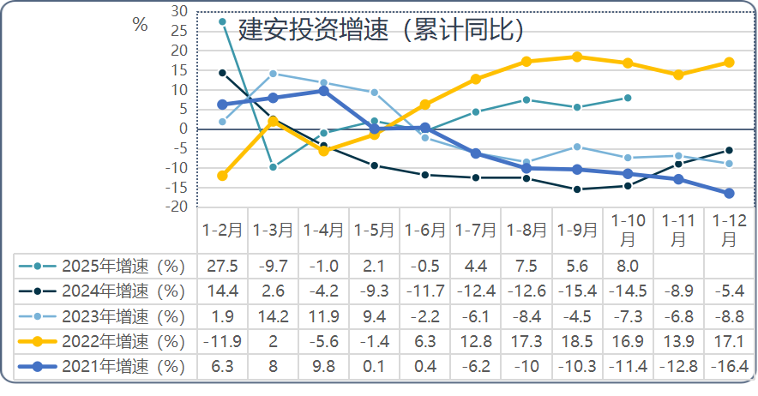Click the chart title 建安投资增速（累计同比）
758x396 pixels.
click(381, 31)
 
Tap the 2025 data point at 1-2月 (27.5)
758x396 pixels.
click(222, 21)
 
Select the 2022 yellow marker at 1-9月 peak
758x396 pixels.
click(576, 57)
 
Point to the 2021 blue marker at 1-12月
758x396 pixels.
click(729, 194)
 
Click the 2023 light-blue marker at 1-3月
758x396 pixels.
click(273, 74)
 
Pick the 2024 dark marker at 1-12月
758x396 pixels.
click(729, 150)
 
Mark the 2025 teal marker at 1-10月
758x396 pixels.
click(628, 98)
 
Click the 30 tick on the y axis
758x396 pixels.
click(179, 11)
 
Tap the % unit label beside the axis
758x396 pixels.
click(140, 25)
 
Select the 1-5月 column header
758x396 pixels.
click(374, 231)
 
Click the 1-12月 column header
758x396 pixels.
click(729, 231)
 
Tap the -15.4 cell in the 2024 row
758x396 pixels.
click(576, 291)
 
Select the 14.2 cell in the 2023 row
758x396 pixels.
click(273, 316)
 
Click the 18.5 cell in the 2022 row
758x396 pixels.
click(576, 341)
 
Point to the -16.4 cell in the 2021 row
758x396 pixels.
click(729, 367)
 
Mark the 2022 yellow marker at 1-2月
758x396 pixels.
click(222, 176)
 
